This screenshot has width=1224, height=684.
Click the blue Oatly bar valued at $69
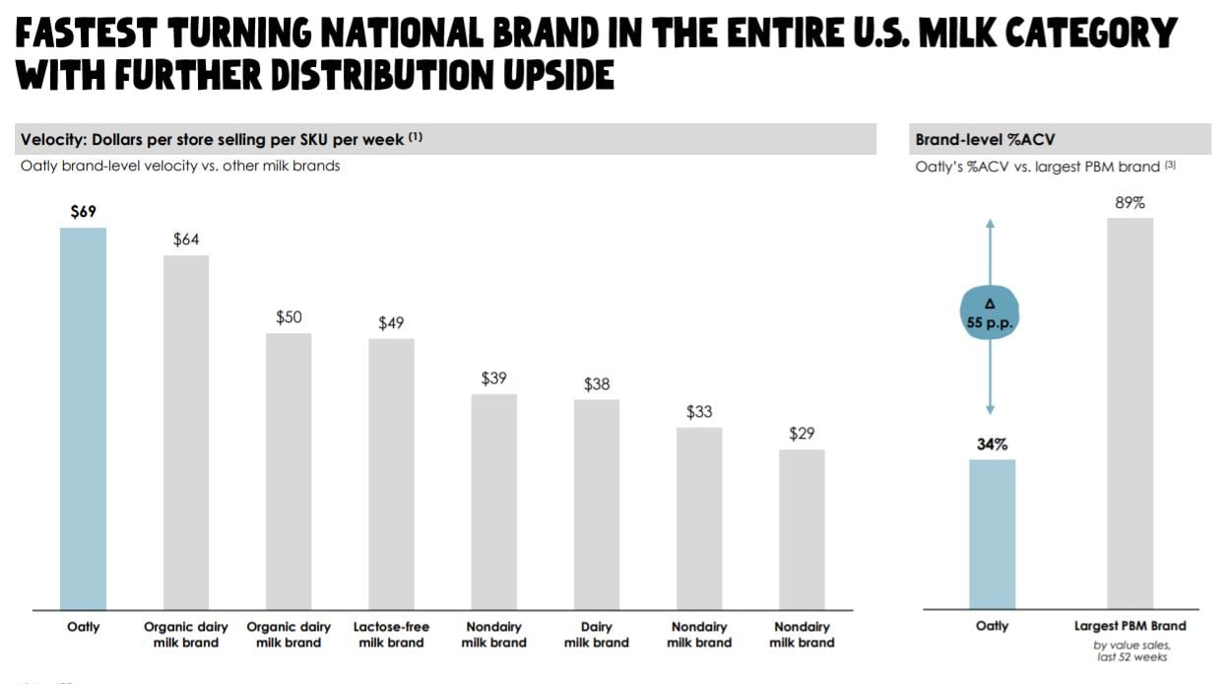click(83, 419)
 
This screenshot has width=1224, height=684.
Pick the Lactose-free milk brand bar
click(391, 474)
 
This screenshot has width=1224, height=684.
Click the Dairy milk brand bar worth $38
click(597, 504)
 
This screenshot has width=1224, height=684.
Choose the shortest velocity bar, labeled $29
click(802, 529)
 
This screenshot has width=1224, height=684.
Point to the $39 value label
click(494, 378)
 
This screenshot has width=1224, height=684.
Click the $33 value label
click(699, 411)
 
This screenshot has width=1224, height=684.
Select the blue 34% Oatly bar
click(992, 534)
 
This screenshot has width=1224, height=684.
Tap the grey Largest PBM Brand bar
click(1129, 413)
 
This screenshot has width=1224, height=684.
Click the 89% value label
click(1130, 202)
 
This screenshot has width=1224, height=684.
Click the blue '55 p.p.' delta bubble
click(990, 314)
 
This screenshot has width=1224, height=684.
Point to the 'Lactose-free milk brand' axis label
click(391, 635)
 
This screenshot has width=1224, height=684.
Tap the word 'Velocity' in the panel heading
click(53, 140)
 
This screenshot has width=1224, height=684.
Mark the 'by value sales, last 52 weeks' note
click(1132, 651)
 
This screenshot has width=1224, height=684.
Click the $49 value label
click(391, 323)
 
